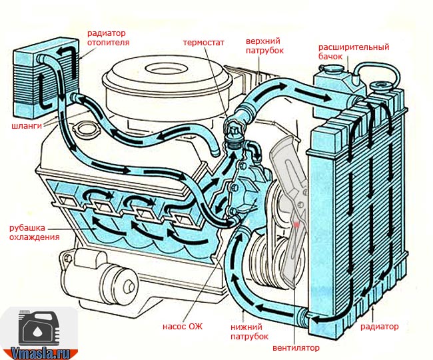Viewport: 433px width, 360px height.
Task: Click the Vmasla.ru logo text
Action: (x=39, y=351)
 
